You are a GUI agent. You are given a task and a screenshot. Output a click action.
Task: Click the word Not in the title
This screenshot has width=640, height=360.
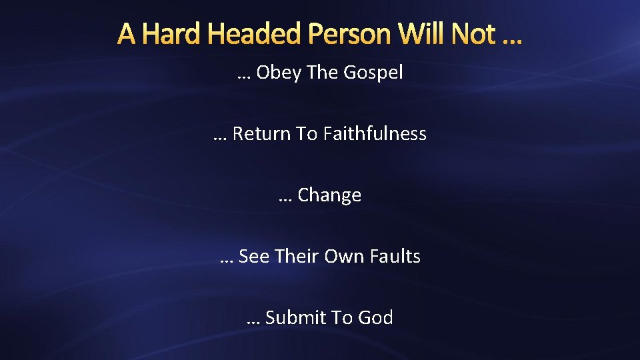pos(475,34)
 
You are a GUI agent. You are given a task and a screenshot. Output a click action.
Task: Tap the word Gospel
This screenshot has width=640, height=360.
pos(373,73)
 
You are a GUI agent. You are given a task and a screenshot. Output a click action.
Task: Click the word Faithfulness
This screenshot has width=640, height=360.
pos(375,134)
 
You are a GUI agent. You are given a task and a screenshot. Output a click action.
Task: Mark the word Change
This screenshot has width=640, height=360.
pos(329,195)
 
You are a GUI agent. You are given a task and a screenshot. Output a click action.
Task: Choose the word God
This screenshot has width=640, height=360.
pos(375,317)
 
